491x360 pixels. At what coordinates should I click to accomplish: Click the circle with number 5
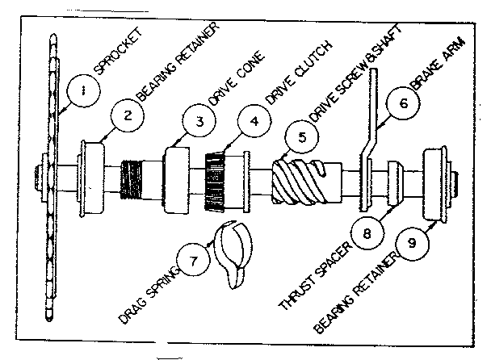point(301,136)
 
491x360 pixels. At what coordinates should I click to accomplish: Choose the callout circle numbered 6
point(404,104)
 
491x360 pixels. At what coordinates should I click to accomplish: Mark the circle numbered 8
point(367,234)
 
